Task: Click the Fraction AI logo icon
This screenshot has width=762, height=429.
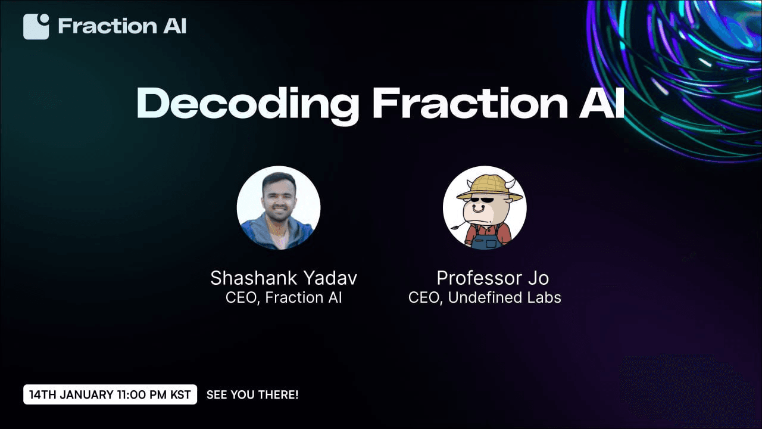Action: click(x=36, y=27)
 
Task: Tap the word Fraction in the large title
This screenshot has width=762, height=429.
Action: click(x=470, y=102)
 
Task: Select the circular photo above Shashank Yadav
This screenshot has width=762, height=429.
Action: click(x=279, y=208)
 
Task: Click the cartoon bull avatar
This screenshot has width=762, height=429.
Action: click(x=485, y=208)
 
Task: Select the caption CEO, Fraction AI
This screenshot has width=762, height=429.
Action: click(x=284, y=297)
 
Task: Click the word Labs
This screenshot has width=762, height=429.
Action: click(x=545, y=297)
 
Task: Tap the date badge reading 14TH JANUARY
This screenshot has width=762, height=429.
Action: click(x=110, y=394)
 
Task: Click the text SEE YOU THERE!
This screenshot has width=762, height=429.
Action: click(x=252, y=394)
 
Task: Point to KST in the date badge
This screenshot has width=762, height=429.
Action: click(x=180, y=394)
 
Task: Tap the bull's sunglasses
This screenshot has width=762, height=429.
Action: click(x=482, y=200)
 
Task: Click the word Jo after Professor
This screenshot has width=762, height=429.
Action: click(x=539, y=278)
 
